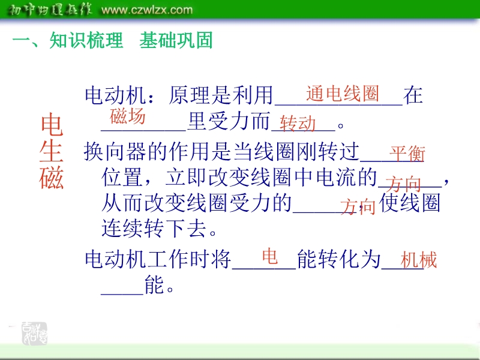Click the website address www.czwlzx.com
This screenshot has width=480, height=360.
point(147,10)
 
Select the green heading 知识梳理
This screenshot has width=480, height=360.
point(86,40)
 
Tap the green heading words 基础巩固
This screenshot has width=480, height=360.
point(176,40)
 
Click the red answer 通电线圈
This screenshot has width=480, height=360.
point(343,94)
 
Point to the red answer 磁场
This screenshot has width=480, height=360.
point(127,116)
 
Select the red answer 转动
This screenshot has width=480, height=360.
point(298,124)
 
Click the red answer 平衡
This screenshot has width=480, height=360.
point(407,154)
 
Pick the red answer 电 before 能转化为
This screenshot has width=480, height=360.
point(269,256)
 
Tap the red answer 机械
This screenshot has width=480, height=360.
point(418,260)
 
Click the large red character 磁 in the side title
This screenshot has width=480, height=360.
point(51,178)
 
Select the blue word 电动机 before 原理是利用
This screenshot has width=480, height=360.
point(115,95)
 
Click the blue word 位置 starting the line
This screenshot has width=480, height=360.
point(122,177)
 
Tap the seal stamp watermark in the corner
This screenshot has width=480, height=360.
point(34,334)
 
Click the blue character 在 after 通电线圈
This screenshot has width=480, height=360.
point(413,95)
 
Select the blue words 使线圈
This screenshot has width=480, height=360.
point(410,203)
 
